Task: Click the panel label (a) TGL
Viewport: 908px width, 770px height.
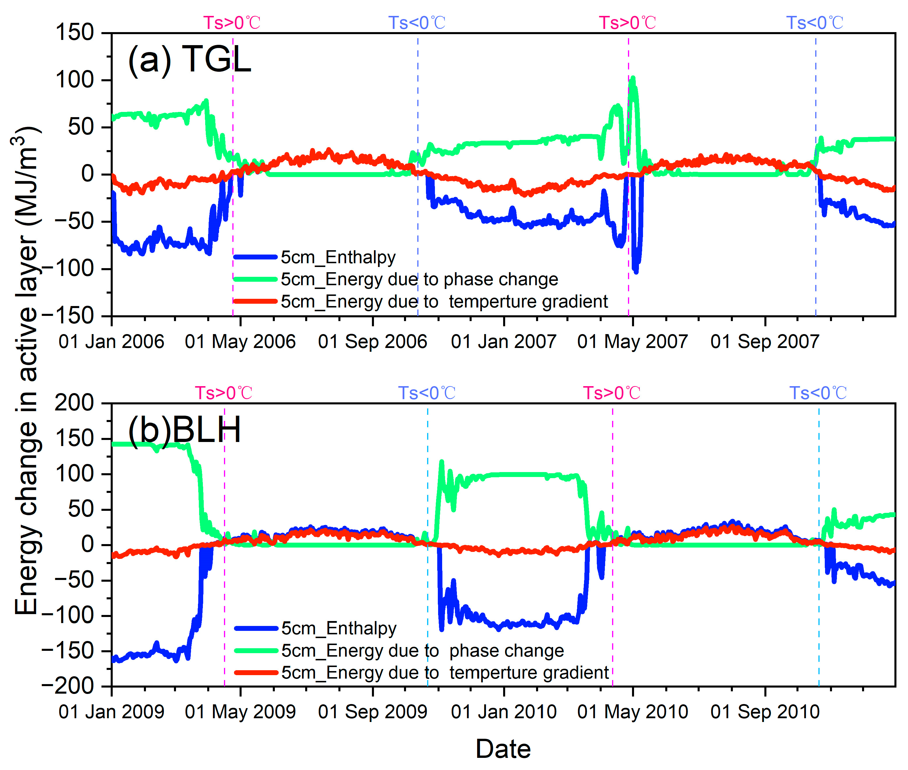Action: point(189,60)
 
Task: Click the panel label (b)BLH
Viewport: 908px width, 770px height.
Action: point(184,430)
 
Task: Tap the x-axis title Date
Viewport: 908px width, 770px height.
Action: point(503,749)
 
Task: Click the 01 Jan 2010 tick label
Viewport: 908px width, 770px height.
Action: point(504,712)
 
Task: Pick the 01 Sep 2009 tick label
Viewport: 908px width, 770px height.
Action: point(373,712)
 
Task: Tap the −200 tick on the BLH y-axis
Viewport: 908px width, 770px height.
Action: point(68,687)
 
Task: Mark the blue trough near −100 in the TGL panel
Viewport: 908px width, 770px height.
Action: point(636,271)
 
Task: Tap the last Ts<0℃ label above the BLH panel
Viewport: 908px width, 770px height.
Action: point(818,393)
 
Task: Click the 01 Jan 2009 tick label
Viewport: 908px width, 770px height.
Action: point(112,712)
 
